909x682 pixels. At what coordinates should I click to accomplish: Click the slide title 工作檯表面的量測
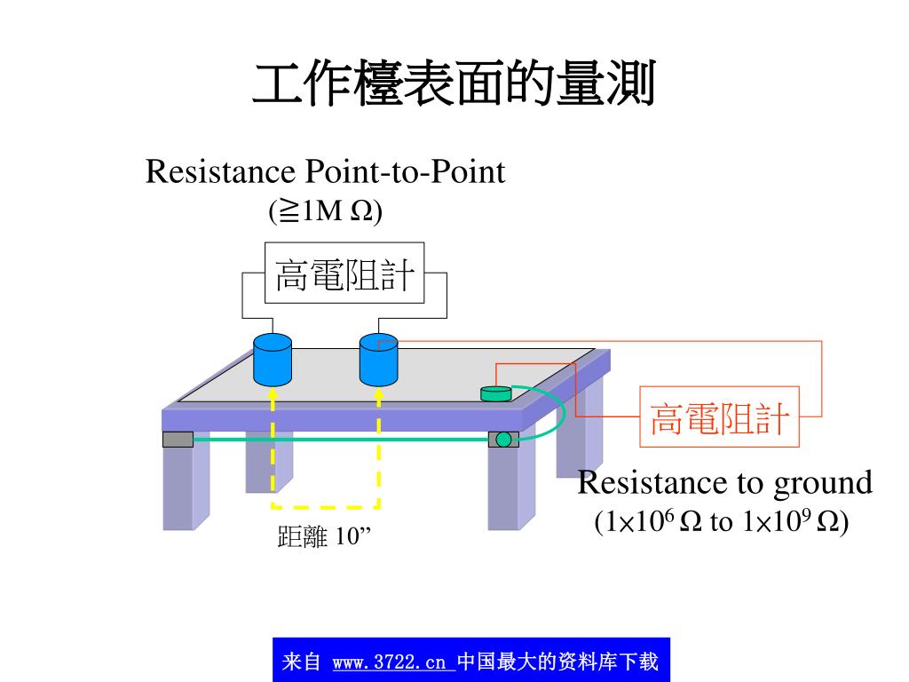(454, 86)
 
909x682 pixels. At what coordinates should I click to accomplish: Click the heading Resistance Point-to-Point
(325, 171)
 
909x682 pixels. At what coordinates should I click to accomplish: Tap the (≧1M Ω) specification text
(325, 210)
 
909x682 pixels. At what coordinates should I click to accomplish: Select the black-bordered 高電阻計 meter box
(344, 273)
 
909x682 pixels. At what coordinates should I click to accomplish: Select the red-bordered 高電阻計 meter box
(720, 416)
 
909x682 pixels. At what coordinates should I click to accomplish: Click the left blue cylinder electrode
(273, 359)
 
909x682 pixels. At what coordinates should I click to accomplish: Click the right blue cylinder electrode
(378, 359)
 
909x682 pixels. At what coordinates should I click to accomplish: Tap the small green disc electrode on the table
(496, 393)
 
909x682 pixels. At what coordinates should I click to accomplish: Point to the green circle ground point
(503, 439)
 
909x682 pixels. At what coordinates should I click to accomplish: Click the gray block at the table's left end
(178, 439)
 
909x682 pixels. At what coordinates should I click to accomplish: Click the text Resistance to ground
(724, 483)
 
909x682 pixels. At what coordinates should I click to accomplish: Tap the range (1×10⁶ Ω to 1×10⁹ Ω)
(722, 521)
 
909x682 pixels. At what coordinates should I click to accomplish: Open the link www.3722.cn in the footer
(390, 662)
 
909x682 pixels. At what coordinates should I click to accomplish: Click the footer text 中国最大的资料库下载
(557, 662)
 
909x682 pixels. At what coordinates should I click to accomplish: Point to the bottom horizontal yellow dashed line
(325, 507)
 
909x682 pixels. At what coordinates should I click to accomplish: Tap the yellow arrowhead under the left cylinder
(273, 393)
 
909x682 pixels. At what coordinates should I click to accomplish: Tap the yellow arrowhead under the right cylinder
(378, 393)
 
